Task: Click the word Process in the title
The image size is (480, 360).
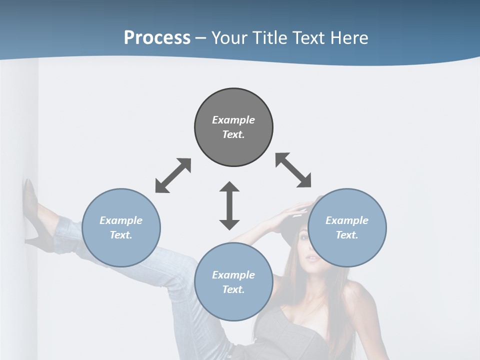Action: (157, 38)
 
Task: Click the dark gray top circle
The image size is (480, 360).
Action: (233, 127)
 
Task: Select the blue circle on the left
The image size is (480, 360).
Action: (121, 228)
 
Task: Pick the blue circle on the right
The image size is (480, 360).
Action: (347, 228)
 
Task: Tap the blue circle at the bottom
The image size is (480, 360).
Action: (233, 282)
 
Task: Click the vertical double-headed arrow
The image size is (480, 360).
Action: (229, 205)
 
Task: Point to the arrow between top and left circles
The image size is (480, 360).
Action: (173, 175)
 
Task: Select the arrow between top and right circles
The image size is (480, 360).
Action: (293, 170)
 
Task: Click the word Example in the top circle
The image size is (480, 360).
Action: (233, 120)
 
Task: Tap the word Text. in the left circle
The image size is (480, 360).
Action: (121, 235)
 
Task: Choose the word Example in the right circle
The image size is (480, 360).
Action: (347, 220)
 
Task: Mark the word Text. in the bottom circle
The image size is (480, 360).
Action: (233, 289)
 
